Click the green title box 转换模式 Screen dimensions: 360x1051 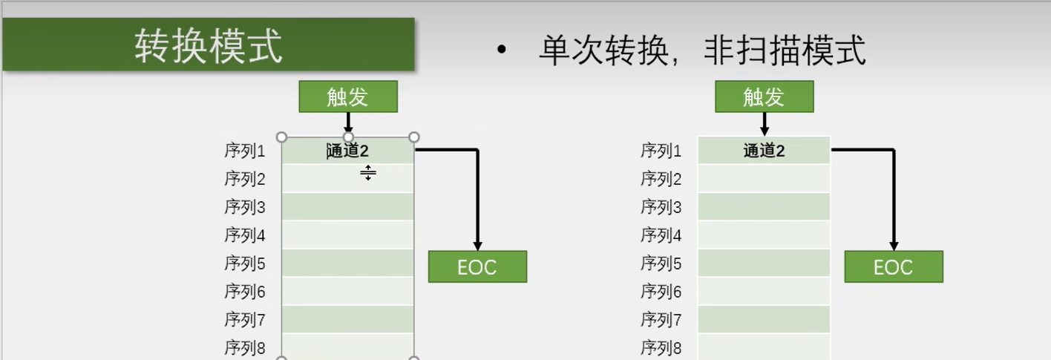[209, 45]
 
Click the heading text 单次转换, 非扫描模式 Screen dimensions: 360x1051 [701, 50]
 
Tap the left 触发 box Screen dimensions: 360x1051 [348, 96]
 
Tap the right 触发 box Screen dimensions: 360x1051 [764, 96]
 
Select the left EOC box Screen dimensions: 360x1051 [477, 267]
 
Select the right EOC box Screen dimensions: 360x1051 [894, 267]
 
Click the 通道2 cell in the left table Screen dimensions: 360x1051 [348, 151]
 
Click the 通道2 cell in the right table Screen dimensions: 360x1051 [764, 151]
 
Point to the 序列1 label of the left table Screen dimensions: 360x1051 [245, 151]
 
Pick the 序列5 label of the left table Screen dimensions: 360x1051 [245, 264]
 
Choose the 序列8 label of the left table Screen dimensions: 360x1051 [245, 347]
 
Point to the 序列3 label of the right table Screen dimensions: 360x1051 [661, 207]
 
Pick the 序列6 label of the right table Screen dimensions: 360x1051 [661, 292]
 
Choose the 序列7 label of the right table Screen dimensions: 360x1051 [661, 320]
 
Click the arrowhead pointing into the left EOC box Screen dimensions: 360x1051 [478, 246]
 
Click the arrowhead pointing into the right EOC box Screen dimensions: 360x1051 [894, 246]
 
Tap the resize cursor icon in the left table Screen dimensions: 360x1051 [368, 174]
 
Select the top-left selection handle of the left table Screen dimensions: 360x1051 [281, 137]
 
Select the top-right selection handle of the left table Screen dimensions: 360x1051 [414, 137]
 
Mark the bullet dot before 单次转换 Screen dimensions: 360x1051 [502, 51]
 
